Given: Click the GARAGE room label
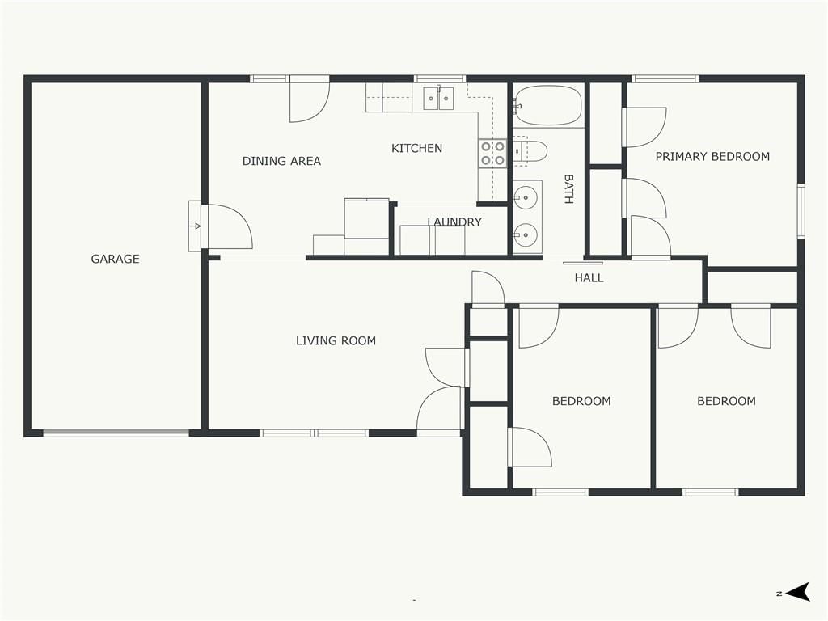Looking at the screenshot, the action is coord(115,259).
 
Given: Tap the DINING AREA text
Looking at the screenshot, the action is coord(281,161).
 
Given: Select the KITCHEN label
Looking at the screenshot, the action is coord(416,149).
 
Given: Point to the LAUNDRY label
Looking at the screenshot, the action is coord(454,222).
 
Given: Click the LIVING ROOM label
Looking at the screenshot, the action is coord(336,340).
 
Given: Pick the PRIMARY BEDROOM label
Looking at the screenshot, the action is coord(712,156).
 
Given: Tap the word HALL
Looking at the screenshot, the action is coord(589,278).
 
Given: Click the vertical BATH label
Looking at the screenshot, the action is coord(568,189).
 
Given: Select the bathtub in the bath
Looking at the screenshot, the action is coord(548,106).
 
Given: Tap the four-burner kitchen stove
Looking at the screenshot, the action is coord(492,153).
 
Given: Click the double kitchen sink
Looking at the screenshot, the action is coord(438,98).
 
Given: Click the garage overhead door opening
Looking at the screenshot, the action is coord(116,433).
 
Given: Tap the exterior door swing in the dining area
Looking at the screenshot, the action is coord(310,99).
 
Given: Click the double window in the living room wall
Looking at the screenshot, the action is coord(315,433).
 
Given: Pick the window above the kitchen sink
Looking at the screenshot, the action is coord(440,79).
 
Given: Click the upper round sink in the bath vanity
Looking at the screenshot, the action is coord(526,198).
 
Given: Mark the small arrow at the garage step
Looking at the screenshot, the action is coord(196,226).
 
